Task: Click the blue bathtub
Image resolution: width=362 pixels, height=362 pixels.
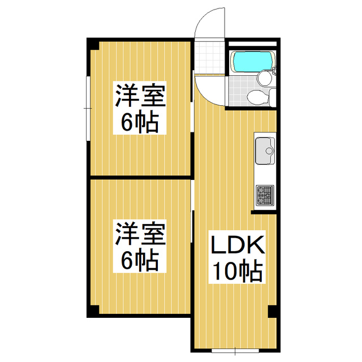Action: click(x=252, y=61)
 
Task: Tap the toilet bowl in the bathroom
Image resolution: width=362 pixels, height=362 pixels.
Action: click(x=257, y=97)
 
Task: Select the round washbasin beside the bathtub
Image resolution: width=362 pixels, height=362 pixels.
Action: click(x=264, y=78)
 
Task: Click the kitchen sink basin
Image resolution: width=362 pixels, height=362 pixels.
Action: click(x=264, y=150)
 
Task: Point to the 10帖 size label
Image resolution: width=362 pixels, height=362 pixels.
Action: click(x=238, y=272)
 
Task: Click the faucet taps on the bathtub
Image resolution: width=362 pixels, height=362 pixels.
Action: click(x=275, y=71)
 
